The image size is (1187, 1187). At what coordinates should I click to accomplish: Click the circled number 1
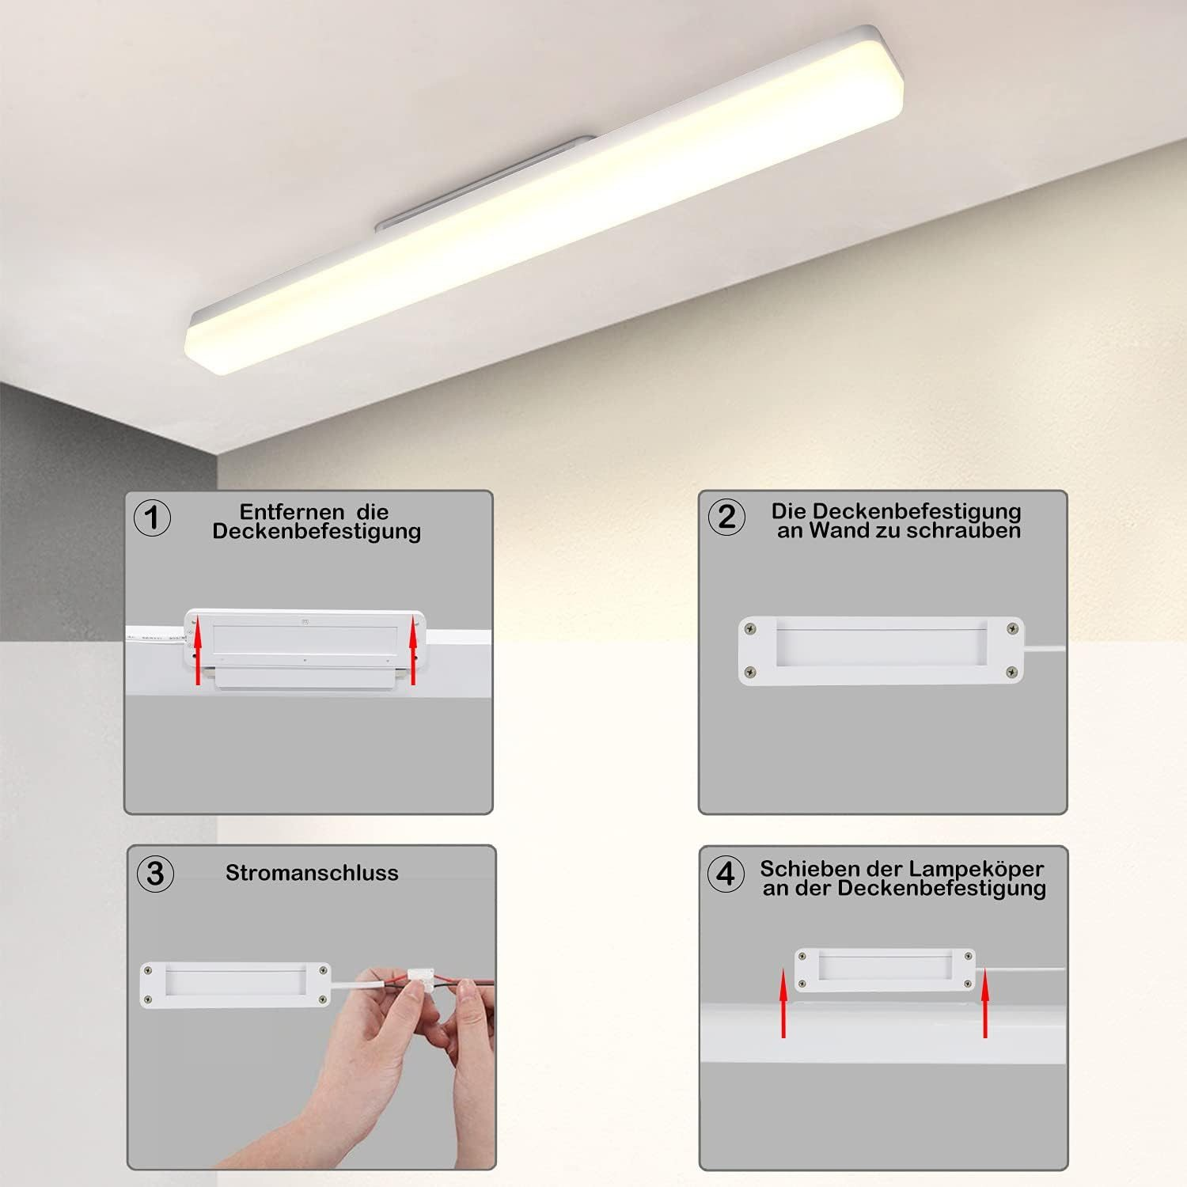(x=153, y=518)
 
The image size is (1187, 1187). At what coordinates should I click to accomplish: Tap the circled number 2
(x=726, y=518)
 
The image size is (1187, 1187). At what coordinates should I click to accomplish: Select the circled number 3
(x=155, y=874)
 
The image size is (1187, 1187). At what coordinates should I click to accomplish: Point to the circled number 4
(x=725, y=874)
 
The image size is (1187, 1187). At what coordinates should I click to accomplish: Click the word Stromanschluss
(x=312, y=873)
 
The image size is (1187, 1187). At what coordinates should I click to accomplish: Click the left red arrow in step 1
(x=198, y=652)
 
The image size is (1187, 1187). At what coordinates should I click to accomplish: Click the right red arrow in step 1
(x=413, y=652)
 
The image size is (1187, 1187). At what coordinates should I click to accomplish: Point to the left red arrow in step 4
(x=783, y=1003)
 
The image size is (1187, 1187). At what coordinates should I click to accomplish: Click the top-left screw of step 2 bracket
(x=751, y=630)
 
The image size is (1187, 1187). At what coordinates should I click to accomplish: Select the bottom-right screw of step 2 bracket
(x=1011, y=672)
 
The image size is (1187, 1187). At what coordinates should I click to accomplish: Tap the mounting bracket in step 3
(x=235, y=984)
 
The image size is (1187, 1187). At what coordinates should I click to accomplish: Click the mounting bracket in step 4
(x=885, y=969)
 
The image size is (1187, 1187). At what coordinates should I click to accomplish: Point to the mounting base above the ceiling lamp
(x=485, y=183)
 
